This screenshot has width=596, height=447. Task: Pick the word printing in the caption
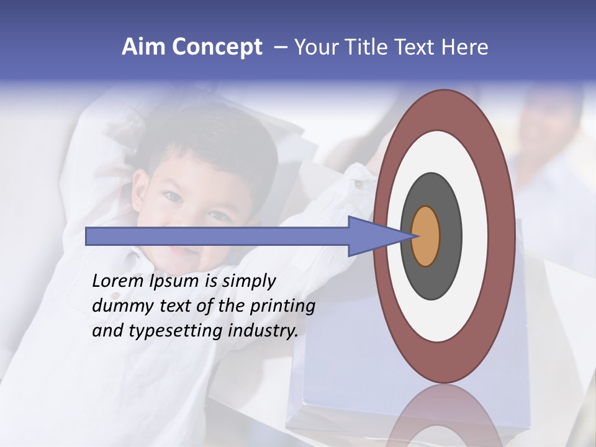click(x=282, y=307)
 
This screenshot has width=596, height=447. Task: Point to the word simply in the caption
click(x=248, y=281)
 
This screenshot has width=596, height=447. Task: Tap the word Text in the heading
click(x=415, y=47)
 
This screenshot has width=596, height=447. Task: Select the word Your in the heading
click(x=314, y=47)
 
